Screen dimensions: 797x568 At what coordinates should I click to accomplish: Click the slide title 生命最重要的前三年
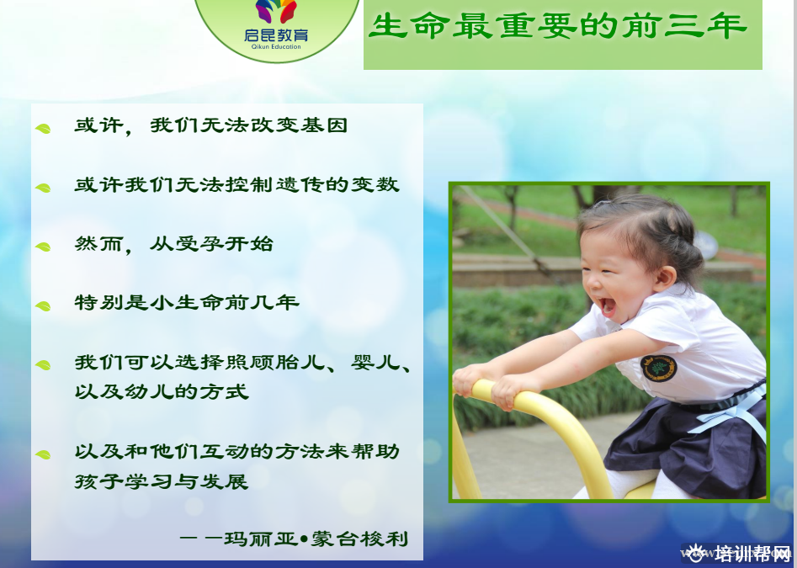coord(558,25)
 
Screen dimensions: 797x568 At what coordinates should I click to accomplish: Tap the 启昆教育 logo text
coord(276,35)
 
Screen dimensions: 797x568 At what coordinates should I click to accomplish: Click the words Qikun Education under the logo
coord(276,47)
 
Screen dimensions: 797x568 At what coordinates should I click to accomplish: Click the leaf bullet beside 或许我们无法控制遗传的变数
coord(43,188)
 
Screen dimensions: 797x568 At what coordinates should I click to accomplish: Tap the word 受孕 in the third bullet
coord(199,244)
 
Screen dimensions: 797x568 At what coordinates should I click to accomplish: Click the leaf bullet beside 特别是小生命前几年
coord(43,306)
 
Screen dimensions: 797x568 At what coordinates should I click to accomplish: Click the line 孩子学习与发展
coord(162,481)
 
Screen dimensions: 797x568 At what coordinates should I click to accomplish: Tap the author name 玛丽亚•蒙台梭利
coord(316,539)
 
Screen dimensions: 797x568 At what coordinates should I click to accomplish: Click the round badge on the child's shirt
coord(658,368)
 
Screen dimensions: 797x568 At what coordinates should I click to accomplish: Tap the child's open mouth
coord(607,307)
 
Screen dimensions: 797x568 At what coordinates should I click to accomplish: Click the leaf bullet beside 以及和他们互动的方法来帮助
coord(43,454)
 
